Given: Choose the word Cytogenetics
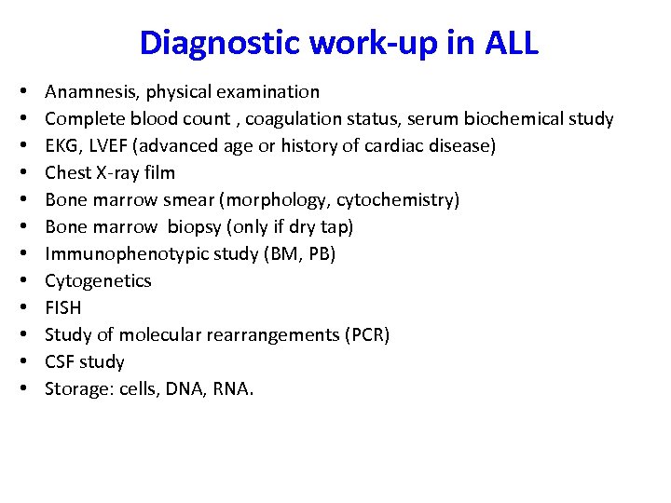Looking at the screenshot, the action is click(x=98, y=280).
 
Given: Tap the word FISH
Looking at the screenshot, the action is click(x=63, y=307).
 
